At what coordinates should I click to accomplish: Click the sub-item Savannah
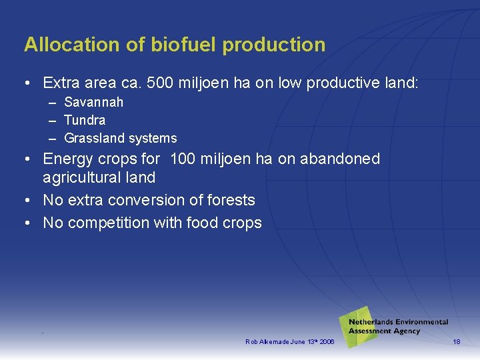coord(93,103)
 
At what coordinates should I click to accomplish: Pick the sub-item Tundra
coord(85,121)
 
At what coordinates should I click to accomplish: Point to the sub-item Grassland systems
coord(120,139)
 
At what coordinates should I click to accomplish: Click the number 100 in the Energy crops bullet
coord(183,159)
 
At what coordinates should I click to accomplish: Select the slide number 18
coord(457,342)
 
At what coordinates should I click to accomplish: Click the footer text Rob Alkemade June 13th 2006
coord(289,342)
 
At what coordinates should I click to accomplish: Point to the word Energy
coord(67,159)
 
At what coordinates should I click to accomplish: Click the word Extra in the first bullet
coord(61,83)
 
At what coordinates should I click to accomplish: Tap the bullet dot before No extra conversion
coord(28,201)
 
